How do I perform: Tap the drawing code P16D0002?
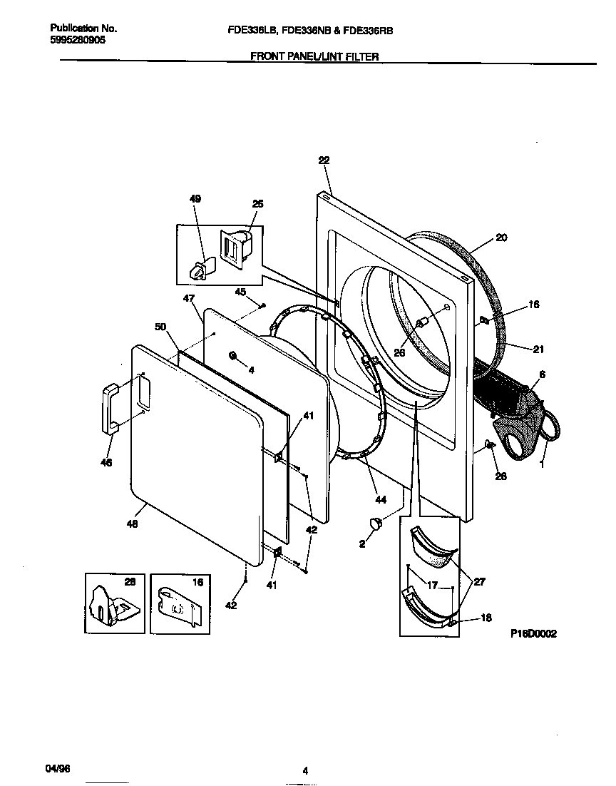(533, 633)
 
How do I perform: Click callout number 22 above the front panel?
(324, 161)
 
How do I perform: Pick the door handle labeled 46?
(110, 408)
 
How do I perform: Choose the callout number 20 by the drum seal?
(501, 238)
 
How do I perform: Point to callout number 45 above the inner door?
(240, 291)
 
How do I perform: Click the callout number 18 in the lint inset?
(486, 618)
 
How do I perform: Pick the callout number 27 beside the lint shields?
(479, 582)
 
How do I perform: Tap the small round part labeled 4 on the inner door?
(232, 355)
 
